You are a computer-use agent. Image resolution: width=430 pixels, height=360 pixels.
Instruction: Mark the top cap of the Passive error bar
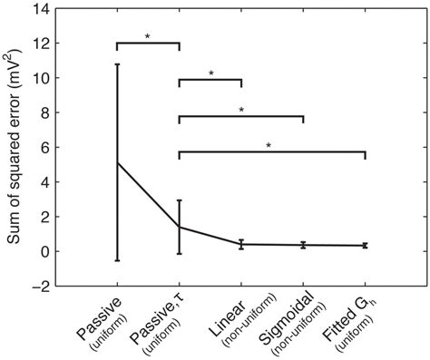(x=117, y=64)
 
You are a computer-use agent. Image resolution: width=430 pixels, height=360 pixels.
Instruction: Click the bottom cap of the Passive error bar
(x=117, y=260)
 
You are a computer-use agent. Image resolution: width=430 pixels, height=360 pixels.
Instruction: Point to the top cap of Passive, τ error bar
(x=180, y=200)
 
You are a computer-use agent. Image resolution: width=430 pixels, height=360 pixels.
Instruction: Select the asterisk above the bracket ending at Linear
(x=210, y=73)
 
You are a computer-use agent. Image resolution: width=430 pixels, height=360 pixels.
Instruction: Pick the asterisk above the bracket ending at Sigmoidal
(x=241, y=110)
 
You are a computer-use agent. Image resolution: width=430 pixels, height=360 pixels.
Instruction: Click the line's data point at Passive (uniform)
(x=117, y=162)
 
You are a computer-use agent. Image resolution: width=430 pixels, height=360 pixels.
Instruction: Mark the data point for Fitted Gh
(x=365, y=245)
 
